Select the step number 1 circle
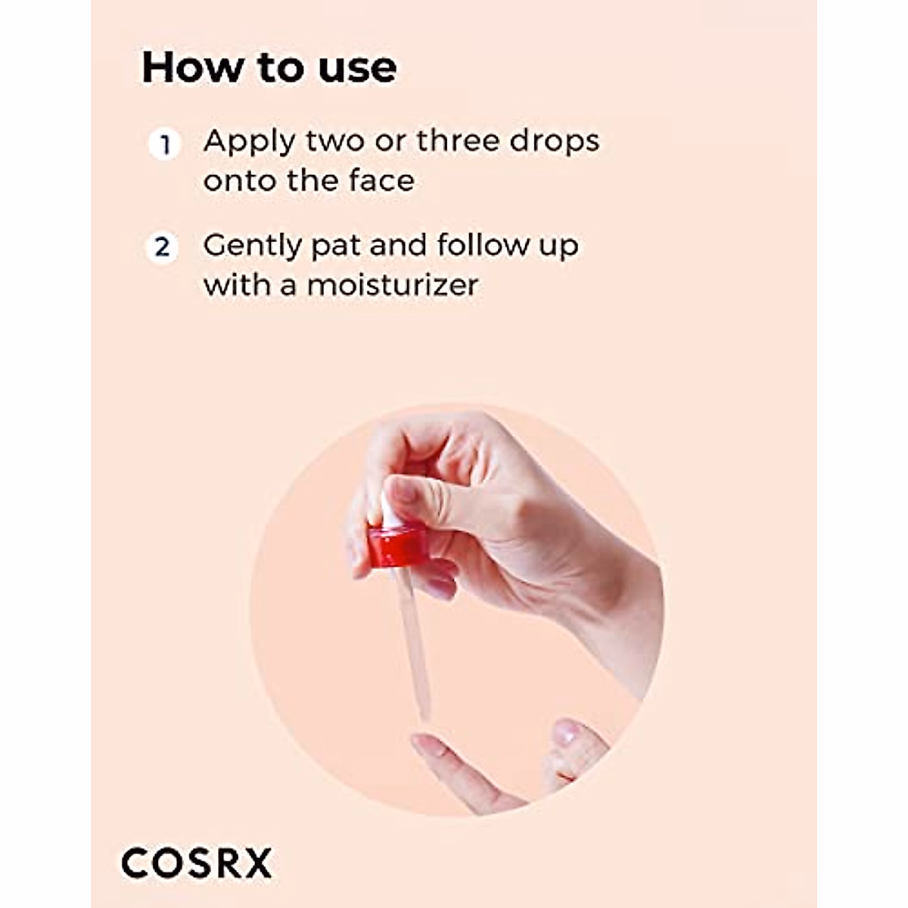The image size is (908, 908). (164, 143)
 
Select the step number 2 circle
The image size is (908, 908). (162, 247)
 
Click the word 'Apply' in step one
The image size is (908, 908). (249, 142)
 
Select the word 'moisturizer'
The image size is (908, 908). (393, 285)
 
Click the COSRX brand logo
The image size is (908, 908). (196, 863)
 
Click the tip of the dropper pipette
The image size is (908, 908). (424, 714)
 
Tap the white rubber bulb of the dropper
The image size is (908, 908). (387, 508)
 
